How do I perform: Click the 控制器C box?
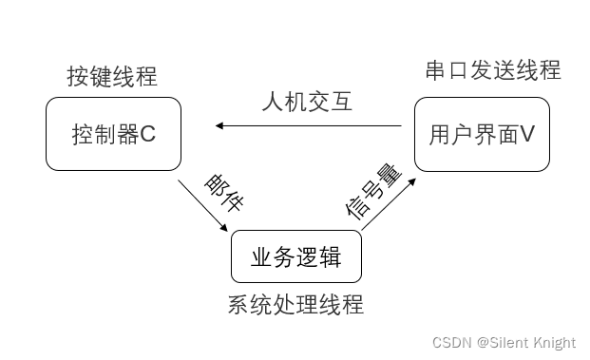click(x=113, y=135)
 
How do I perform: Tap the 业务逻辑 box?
click(x=295, y=256)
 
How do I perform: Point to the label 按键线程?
click(x=112, y=76)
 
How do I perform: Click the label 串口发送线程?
click(x=492, y=70)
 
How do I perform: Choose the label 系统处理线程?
click(x=295, y=305)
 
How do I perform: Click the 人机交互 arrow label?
click(x=307, y=101)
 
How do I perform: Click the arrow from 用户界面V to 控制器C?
click(x=314, y=125)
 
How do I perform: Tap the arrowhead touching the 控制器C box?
click(x=219, y=125)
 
